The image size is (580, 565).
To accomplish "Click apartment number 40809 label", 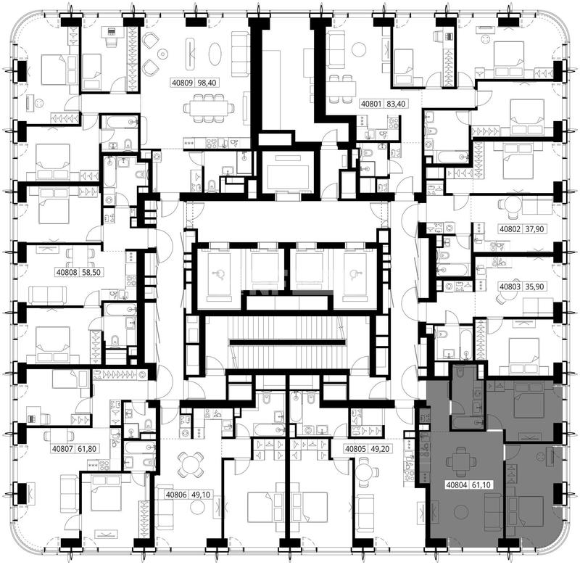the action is (x=183, y=82).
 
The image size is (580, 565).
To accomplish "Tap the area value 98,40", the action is (x=207, y=82).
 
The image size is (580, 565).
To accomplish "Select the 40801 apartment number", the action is (x=371, y=104).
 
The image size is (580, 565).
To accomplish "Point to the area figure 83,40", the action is (x=396, y=104).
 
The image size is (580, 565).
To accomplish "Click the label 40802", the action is (x=510, y=229).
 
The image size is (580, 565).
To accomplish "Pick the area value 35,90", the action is (x=534, y=286).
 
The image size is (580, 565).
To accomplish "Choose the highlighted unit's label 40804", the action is (x=457, y=484).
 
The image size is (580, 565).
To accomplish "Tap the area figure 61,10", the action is (x=481, y=484).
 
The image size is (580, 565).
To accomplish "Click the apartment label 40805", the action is (x=355, y=449).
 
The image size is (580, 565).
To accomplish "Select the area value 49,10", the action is (x=201, y=495).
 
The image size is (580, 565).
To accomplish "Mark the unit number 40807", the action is (x=63, y=449).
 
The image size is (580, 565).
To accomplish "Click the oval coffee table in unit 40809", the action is (x=215, y=54).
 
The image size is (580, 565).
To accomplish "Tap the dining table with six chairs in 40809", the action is (x=209, y=108).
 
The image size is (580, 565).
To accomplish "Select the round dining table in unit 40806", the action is (x=191, y=464).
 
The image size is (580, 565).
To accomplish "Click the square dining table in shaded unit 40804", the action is (x=462, y=462).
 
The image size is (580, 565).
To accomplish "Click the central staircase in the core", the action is (x=287, y=342).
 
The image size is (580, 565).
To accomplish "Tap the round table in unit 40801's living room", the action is (x=358, y=49).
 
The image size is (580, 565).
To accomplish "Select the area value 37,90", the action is (x=534, y=229).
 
